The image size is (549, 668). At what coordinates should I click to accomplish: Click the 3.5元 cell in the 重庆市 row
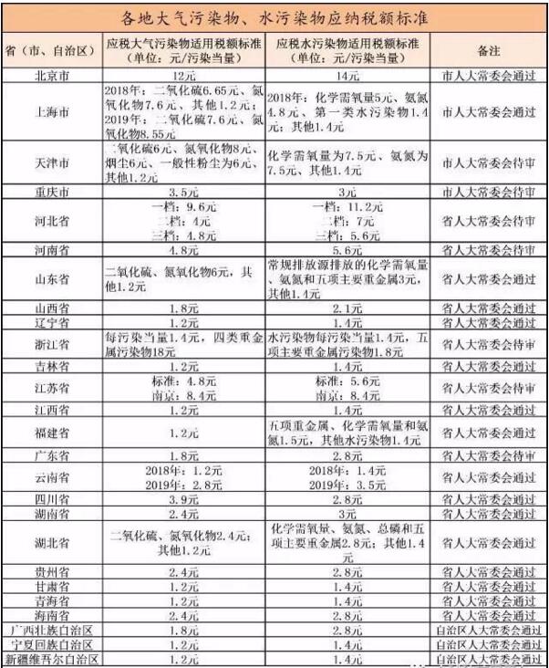(x=185, y=194)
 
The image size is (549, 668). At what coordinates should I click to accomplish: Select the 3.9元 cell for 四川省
(x=185, y=500)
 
